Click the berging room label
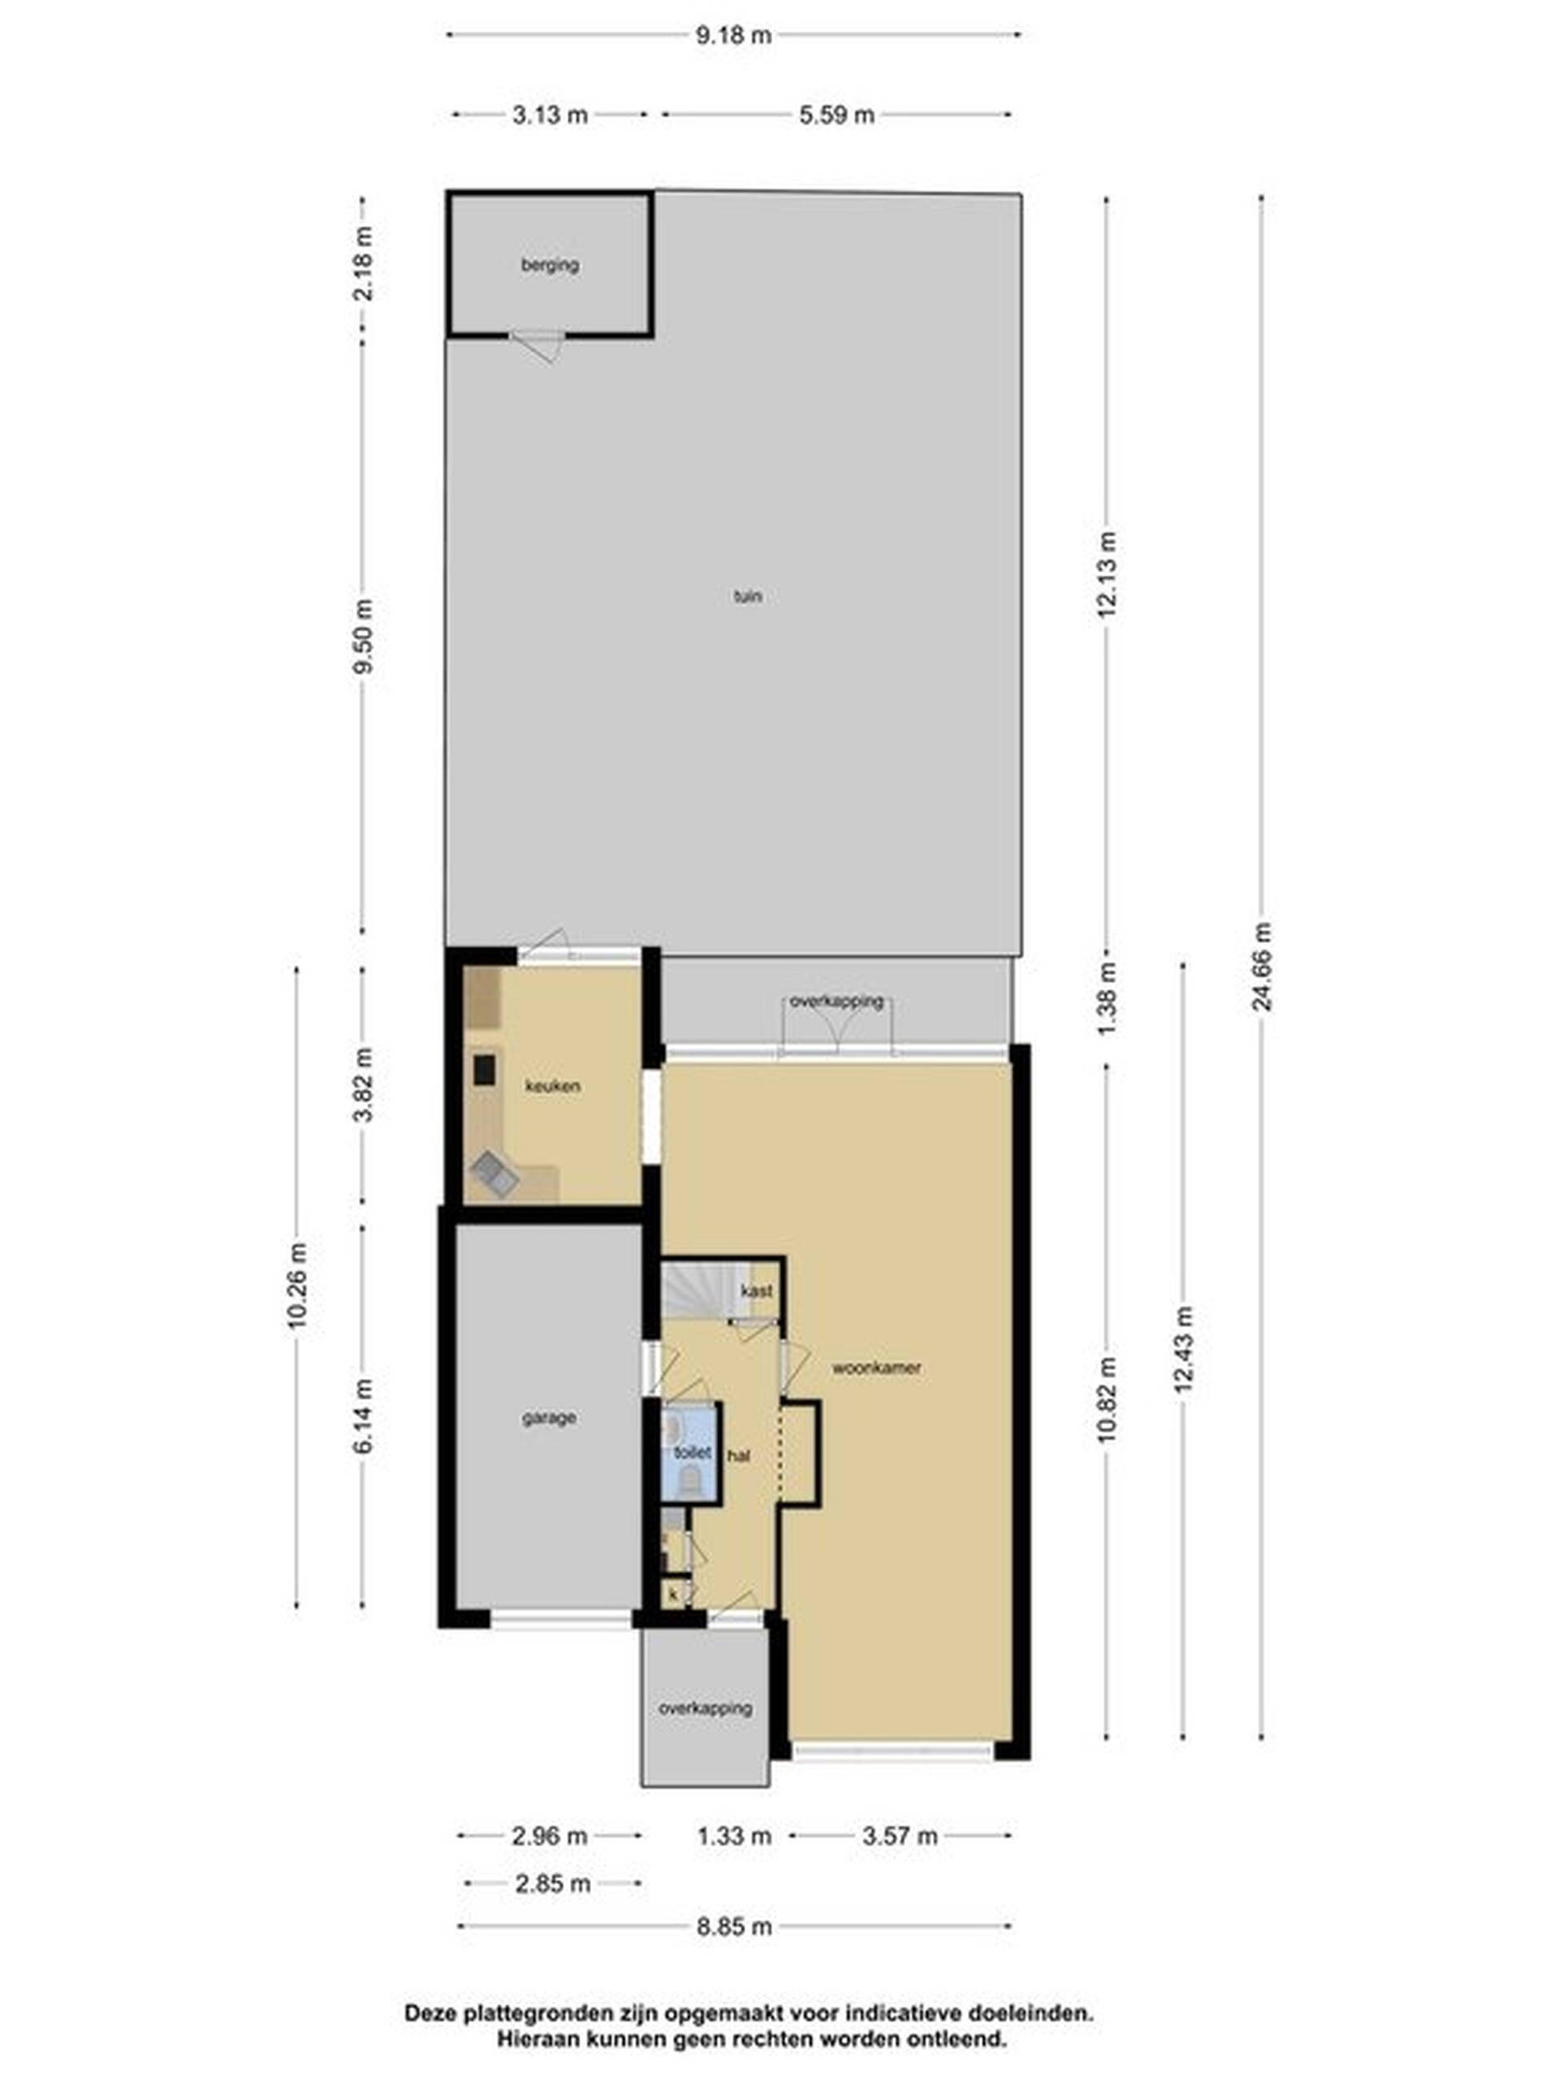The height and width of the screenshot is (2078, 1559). [x=550, y=265]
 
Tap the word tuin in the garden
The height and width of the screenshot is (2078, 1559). [x=748, y=596]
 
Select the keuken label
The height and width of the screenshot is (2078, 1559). [x=553, y=1086]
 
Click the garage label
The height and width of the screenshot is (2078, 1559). [x=549, y=1417]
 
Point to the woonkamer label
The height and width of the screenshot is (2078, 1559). [x=876, y=1368]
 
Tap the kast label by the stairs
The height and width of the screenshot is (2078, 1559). [x=757, y=1291]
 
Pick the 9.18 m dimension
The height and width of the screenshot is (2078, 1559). [x=734, y=36]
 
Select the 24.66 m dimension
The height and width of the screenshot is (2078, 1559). [x=1262, y=966]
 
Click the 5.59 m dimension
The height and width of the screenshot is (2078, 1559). [x=836, y=114]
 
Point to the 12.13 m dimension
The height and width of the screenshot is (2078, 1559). [x=1107, y=574]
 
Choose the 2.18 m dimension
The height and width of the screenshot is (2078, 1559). [x=363, y=263]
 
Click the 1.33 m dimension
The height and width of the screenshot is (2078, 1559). [x=734, y=1835]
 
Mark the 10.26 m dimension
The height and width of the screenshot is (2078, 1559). [x=298, y=1286]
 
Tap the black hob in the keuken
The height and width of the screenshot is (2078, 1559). [x=484, y=1070]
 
